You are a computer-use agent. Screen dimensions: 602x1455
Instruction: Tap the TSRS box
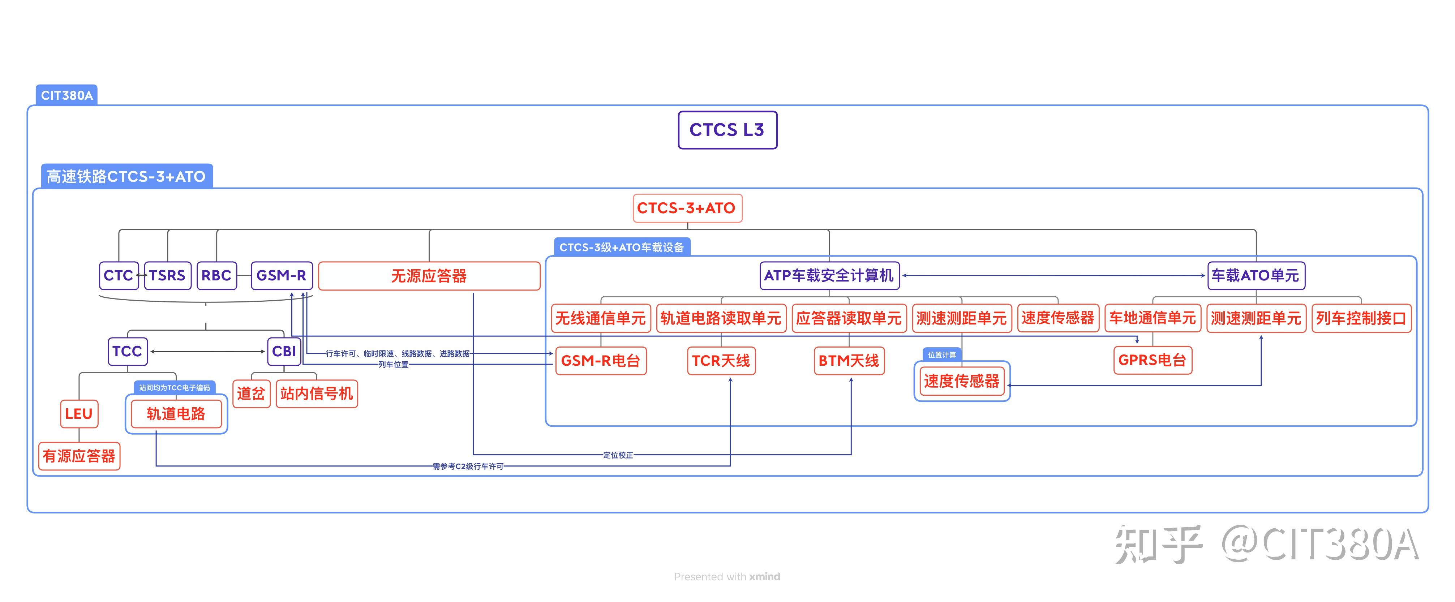[167, 276]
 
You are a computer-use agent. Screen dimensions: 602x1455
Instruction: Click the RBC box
[216, 276]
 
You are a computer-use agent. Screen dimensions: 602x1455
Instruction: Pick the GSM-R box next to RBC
[281, 276]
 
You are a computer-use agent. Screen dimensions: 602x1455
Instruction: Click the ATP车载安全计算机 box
[829, 276]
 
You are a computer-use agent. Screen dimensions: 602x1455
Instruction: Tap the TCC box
[127, 351]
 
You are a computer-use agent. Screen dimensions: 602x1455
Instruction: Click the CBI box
[284, 351]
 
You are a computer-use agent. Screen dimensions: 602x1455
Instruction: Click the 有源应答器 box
[79, 456]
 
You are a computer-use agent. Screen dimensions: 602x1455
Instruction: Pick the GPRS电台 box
[1152, 360]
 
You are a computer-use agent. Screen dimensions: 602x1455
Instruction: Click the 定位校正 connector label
[618, 455]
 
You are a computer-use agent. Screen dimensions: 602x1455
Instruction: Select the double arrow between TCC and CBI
[207, 351]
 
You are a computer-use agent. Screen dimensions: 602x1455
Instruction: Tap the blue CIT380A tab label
[66, 95]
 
